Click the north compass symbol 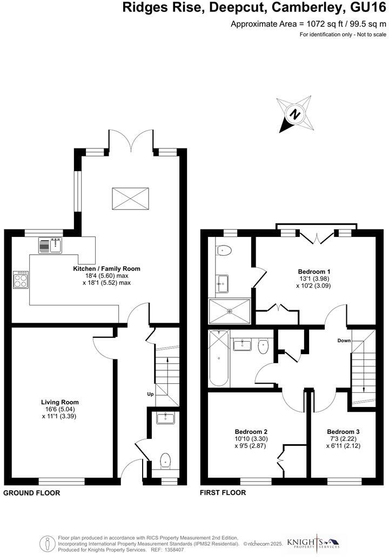[294, 114]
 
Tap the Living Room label [60, 402]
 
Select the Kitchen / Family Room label [106, 268]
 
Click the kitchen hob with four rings [21, 278]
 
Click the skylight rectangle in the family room [130, 199]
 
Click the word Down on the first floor [345, 341]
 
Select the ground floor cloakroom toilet [165, 460]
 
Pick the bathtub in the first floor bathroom [219, 358]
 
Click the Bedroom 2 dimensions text [251, 442]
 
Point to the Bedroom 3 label [343, 432]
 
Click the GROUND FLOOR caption [32, 493]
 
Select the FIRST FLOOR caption [223, 493]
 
